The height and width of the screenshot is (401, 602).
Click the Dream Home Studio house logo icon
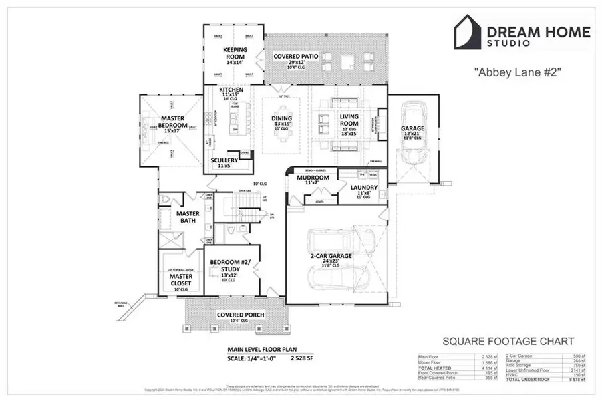click(471, 33)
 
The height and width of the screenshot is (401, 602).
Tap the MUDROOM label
click(313, 178)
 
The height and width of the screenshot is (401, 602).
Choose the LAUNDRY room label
click(365, 188)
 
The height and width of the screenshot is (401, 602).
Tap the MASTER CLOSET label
click(180, 280)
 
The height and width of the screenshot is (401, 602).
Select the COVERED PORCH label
click(241, 315)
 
